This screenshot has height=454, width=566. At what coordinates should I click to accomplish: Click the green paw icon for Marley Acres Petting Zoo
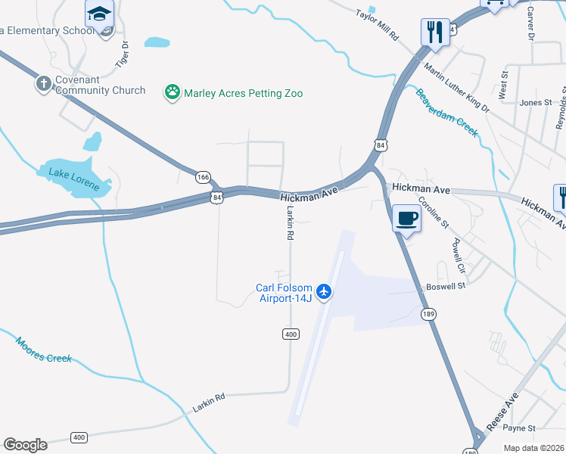pyautogui.click(x=173, y=93)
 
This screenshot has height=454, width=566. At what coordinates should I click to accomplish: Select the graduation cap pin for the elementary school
pyautogui.click(x=99, y=14)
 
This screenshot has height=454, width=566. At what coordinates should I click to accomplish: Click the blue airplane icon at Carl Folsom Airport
pyautogui.click(x=325, y=291)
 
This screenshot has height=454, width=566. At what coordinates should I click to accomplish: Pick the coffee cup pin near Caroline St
pyautogui.click(x=406, y=218)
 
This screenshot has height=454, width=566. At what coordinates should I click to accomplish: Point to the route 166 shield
pyautogui.click(x=203, y=177)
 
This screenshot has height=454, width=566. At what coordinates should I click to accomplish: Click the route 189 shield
pyautogui.click(x=429, y=313)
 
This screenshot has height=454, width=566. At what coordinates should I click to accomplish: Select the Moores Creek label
pyautogui.click(x=44, y=349)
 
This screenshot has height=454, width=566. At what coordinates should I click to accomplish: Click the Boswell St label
pyautogui.click(x=444, y=287)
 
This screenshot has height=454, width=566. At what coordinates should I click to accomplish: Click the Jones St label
pyautogui.click(x=535, y=102)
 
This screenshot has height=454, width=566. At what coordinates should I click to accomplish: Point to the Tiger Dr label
pyautogui.click(x=123, y=54)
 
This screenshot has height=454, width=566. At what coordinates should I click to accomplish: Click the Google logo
pyautogui.click(x=25, y=444)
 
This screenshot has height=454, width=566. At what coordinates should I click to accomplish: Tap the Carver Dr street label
pyautogui.click(x=530, y=25)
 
